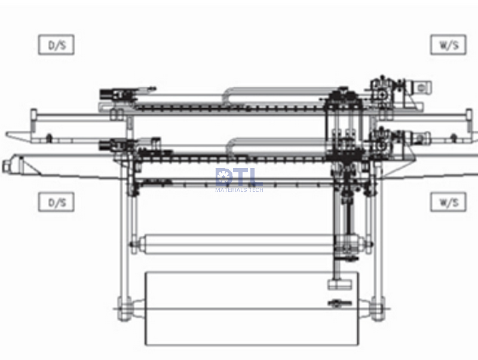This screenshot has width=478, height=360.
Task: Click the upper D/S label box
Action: (56, 45)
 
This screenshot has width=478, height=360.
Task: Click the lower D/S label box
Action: (56, 202)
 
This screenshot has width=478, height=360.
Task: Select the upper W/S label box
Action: (448, 45)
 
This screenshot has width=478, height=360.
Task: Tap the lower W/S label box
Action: (448, 202)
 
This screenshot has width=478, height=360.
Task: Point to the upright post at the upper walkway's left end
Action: (34, 115)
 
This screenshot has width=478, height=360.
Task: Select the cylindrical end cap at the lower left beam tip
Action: (9, 163)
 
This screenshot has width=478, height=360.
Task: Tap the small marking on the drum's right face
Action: (337, 303)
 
